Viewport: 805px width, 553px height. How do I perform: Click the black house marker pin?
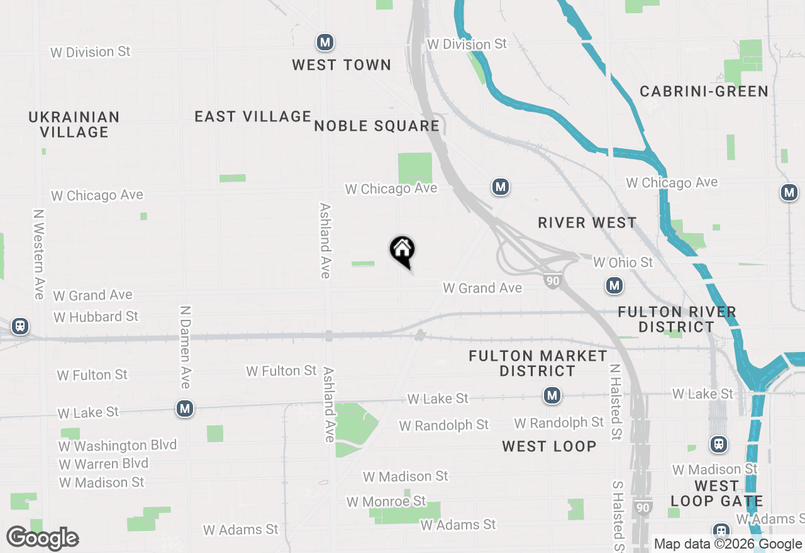point(402,251)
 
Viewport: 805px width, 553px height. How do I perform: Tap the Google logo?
point(43,538)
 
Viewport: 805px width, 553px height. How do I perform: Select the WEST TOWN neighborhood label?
point(341,65)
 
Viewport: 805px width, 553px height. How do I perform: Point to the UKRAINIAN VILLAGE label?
point(74,124)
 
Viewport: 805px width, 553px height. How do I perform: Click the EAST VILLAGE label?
point(253,116)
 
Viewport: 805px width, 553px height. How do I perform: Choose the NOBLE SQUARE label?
point(377,126)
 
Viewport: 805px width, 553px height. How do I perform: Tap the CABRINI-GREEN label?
point(704,91)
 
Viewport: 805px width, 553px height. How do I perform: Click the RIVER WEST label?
point(587,222)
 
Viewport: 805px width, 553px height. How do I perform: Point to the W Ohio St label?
point(623,261)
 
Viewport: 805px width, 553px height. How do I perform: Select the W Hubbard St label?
point(96,317)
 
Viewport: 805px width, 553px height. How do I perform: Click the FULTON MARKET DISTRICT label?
point(538,363)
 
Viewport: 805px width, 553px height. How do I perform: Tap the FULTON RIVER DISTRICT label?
point(677,319)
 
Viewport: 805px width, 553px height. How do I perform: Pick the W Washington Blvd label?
point(118,446)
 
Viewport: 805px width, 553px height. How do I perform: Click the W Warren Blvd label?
point(104,464)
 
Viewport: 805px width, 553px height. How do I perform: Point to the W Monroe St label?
point(386,501)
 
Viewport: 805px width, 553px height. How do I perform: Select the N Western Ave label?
point(39,254)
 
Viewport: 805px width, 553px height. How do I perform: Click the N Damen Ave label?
point(186,347)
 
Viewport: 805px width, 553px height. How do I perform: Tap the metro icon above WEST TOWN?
point(325,43)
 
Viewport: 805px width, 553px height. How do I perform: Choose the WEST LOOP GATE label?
point(716,493)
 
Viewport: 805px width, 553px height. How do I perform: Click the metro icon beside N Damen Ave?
point(184,409)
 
